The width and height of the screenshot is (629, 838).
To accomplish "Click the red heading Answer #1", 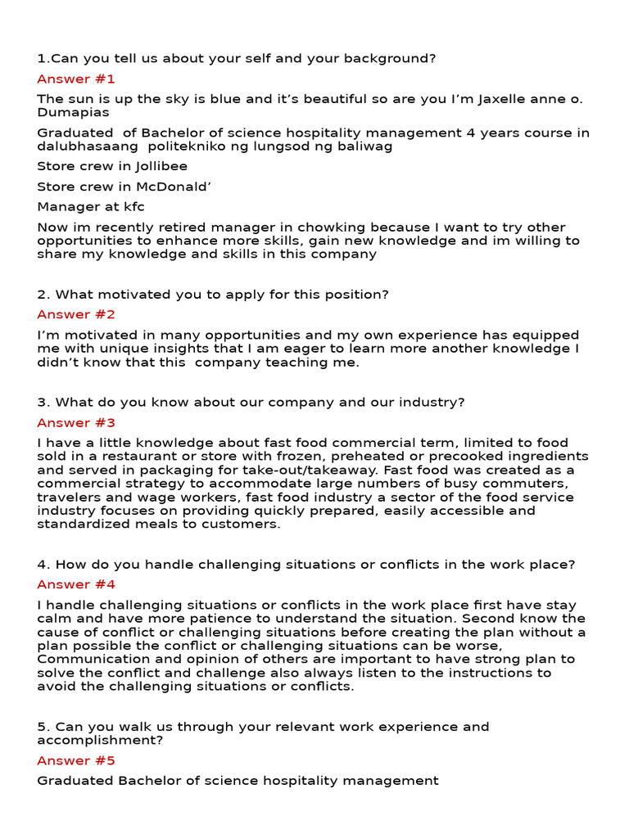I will (x=76, y=79).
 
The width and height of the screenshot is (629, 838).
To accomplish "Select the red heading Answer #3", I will (x=76, y=423).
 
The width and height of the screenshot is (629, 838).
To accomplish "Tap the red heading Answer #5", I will (x=76, y=761).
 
